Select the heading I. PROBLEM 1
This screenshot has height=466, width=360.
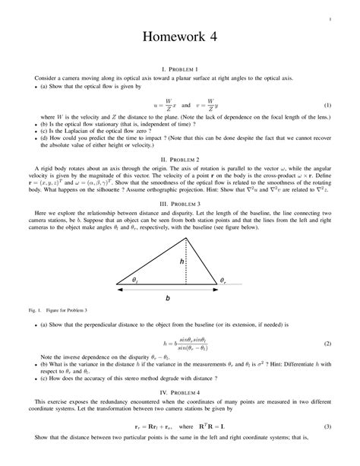pyautogui.click(x=180, y=69)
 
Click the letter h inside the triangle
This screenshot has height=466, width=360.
pyautogui.click(x=182, y=261)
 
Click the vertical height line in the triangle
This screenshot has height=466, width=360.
pyautogui.click(x=188, y=262)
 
